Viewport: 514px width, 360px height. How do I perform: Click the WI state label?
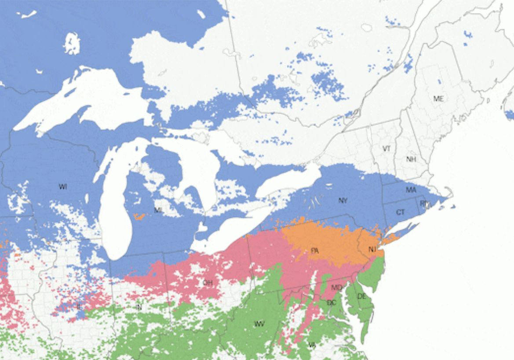tap(63, 187)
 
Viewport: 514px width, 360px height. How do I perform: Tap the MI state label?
tap(158, 210)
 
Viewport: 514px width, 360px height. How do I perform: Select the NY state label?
tap(343, 201)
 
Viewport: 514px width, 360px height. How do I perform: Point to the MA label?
tap(411, 190)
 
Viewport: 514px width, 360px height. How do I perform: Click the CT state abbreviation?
tap(400, 213)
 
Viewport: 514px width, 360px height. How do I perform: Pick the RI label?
tap(424, 203)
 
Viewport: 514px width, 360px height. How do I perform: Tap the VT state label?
tap(386, 149)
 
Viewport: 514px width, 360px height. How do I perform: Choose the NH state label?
tap(411, 159)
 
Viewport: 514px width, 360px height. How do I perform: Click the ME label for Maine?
tap(438, 99)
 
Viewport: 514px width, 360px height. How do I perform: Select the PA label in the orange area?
tap(314, 251)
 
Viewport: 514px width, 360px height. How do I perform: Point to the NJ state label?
tap(372, 250)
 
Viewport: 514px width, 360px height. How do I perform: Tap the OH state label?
tap(208, 283)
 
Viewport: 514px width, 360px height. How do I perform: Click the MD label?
tap(336, 288)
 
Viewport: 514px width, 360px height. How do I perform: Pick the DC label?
tap(331, 303)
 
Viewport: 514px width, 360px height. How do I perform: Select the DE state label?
tap(361, 297)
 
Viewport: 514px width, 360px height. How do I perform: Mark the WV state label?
tap(259, 324)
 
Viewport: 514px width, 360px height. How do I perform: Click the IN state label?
tap(139, 307)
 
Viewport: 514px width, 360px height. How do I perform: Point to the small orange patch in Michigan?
tap(139, 216)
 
